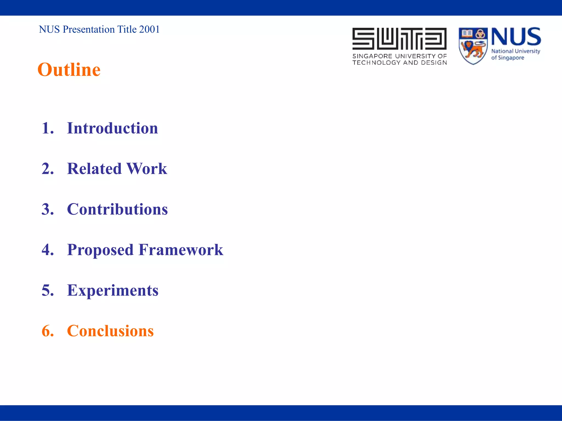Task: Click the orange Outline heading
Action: tap(69, 70)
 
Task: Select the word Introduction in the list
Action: tap(112, 128)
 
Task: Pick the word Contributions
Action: tap(117, 209)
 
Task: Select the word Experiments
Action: tap(113, 290)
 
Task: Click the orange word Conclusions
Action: tap(110, 331)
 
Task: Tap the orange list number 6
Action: tap(47, 331)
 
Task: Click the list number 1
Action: tap(47, 128)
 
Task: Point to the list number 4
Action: tap(47, 250)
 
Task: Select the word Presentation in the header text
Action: tap(89, 29)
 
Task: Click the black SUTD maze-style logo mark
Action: tap(399, 38)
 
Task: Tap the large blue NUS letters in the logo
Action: tap(516, 37)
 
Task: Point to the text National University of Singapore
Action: tap(515, 54)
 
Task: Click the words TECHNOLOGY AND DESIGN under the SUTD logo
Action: tap(399, 63)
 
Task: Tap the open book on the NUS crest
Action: tap(467, 34)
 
